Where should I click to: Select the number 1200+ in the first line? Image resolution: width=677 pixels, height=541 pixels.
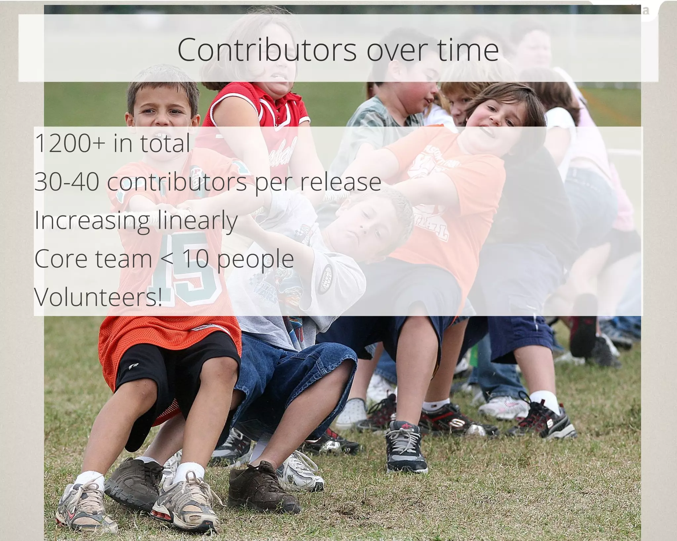coord(70,143)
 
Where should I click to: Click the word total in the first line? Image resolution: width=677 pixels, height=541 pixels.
coord(165,143)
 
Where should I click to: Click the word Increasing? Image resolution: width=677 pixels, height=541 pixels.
coord(92,221)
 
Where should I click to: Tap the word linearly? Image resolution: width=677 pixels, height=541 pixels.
coord(197,221)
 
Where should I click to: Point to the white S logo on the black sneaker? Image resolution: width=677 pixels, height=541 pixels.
coord(549,423)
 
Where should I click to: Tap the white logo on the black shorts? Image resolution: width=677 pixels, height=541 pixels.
coord(136,365)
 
